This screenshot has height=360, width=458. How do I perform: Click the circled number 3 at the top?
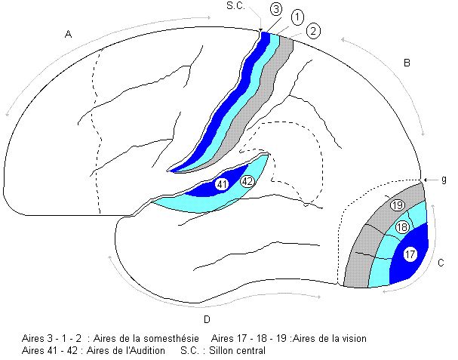(x=276, y=9)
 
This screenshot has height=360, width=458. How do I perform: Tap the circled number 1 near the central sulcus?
(x=297, y=17)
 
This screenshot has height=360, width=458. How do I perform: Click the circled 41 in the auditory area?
(x=222, y=183)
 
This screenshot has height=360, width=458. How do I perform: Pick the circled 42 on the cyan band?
(x=247, y=181)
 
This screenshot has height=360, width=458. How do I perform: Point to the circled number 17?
(x=410, y=254)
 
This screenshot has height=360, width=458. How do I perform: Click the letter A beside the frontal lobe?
(x=69, y=34)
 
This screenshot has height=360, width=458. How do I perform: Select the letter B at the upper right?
(x=406, y=63)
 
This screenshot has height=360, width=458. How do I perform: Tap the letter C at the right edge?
(x=441, y=263)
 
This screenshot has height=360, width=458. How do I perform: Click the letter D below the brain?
(x=206, y=318)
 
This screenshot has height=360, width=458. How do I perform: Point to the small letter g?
(x=444, y=179)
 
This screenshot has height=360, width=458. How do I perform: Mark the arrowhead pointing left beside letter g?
(x=426, y=179)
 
